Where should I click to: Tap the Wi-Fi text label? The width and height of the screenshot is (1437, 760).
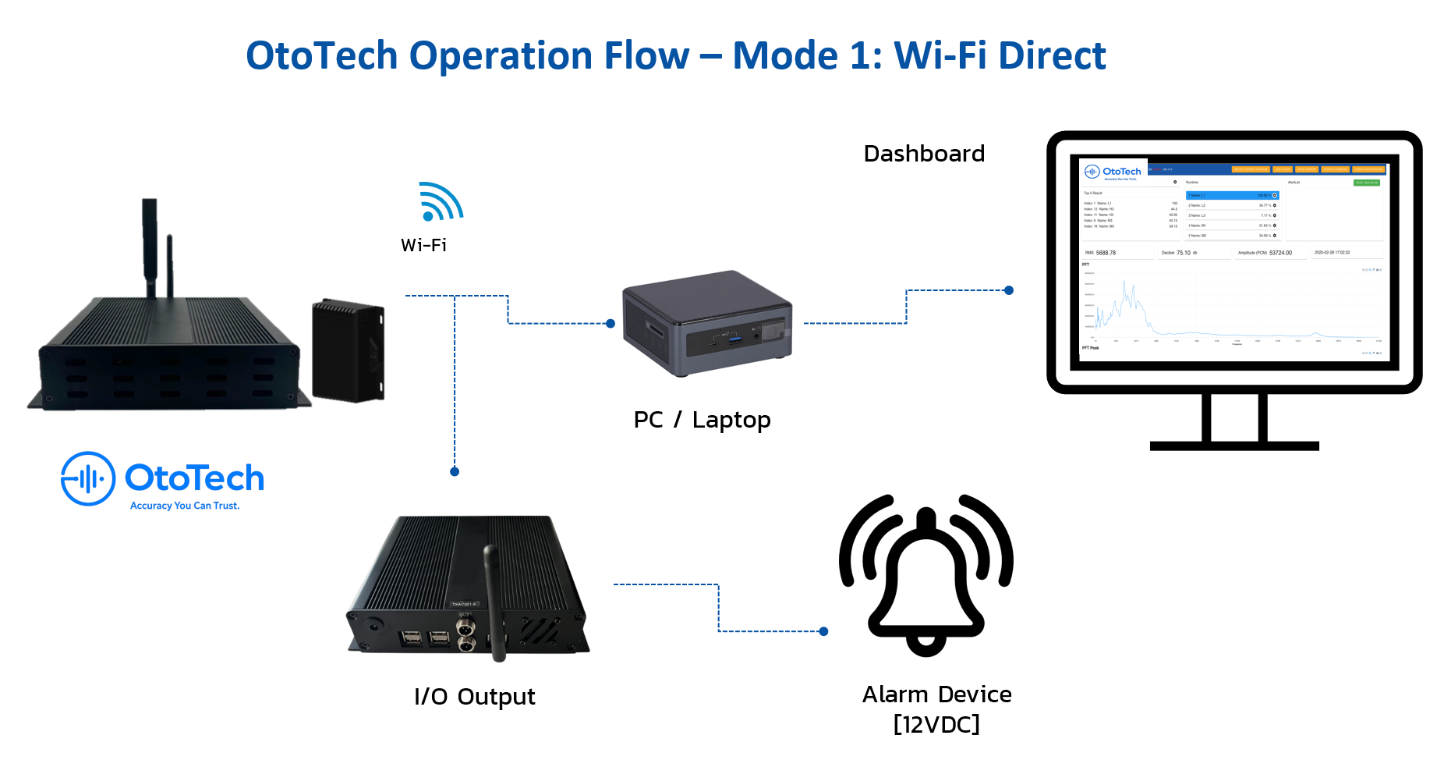coord(423,245)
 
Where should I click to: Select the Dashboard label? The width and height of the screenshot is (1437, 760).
coord(924,154)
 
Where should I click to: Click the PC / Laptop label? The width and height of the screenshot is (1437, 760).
coord(702,420)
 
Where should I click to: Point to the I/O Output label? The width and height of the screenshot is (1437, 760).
coord(474,696)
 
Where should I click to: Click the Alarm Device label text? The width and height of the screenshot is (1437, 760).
coord(936,694)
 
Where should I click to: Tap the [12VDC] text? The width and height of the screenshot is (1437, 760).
coord(936,724)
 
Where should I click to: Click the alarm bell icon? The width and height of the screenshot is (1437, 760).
coord(926,577)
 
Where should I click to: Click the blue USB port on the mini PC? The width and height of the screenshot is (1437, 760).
coord(734,339)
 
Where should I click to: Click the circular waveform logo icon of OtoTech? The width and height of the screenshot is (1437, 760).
coord(88,478)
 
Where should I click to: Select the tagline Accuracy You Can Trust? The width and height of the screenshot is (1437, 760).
coord(185,506)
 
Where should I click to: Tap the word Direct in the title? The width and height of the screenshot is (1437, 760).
coord(1052,56)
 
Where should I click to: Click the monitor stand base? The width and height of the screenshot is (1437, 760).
coord(1234,446)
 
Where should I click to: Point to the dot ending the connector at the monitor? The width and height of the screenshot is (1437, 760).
coord(1009,290)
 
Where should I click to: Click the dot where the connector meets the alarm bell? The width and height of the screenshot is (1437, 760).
coord(824,631)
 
